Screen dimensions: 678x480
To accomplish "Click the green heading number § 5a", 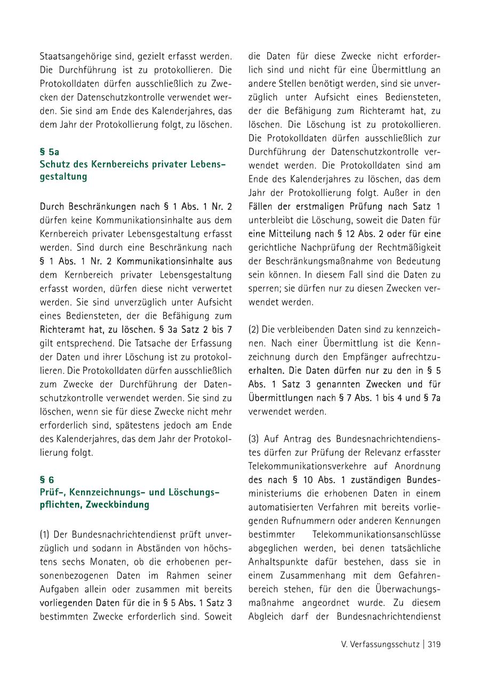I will click(x=50, y=152).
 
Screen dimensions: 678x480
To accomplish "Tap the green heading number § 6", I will click(x=47, y=480).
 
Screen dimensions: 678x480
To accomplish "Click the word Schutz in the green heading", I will click(x=55, y=165).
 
